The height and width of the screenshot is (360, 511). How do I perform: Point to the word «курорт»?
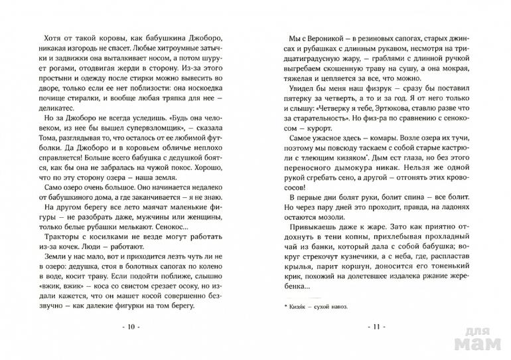tap(348, 126)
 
